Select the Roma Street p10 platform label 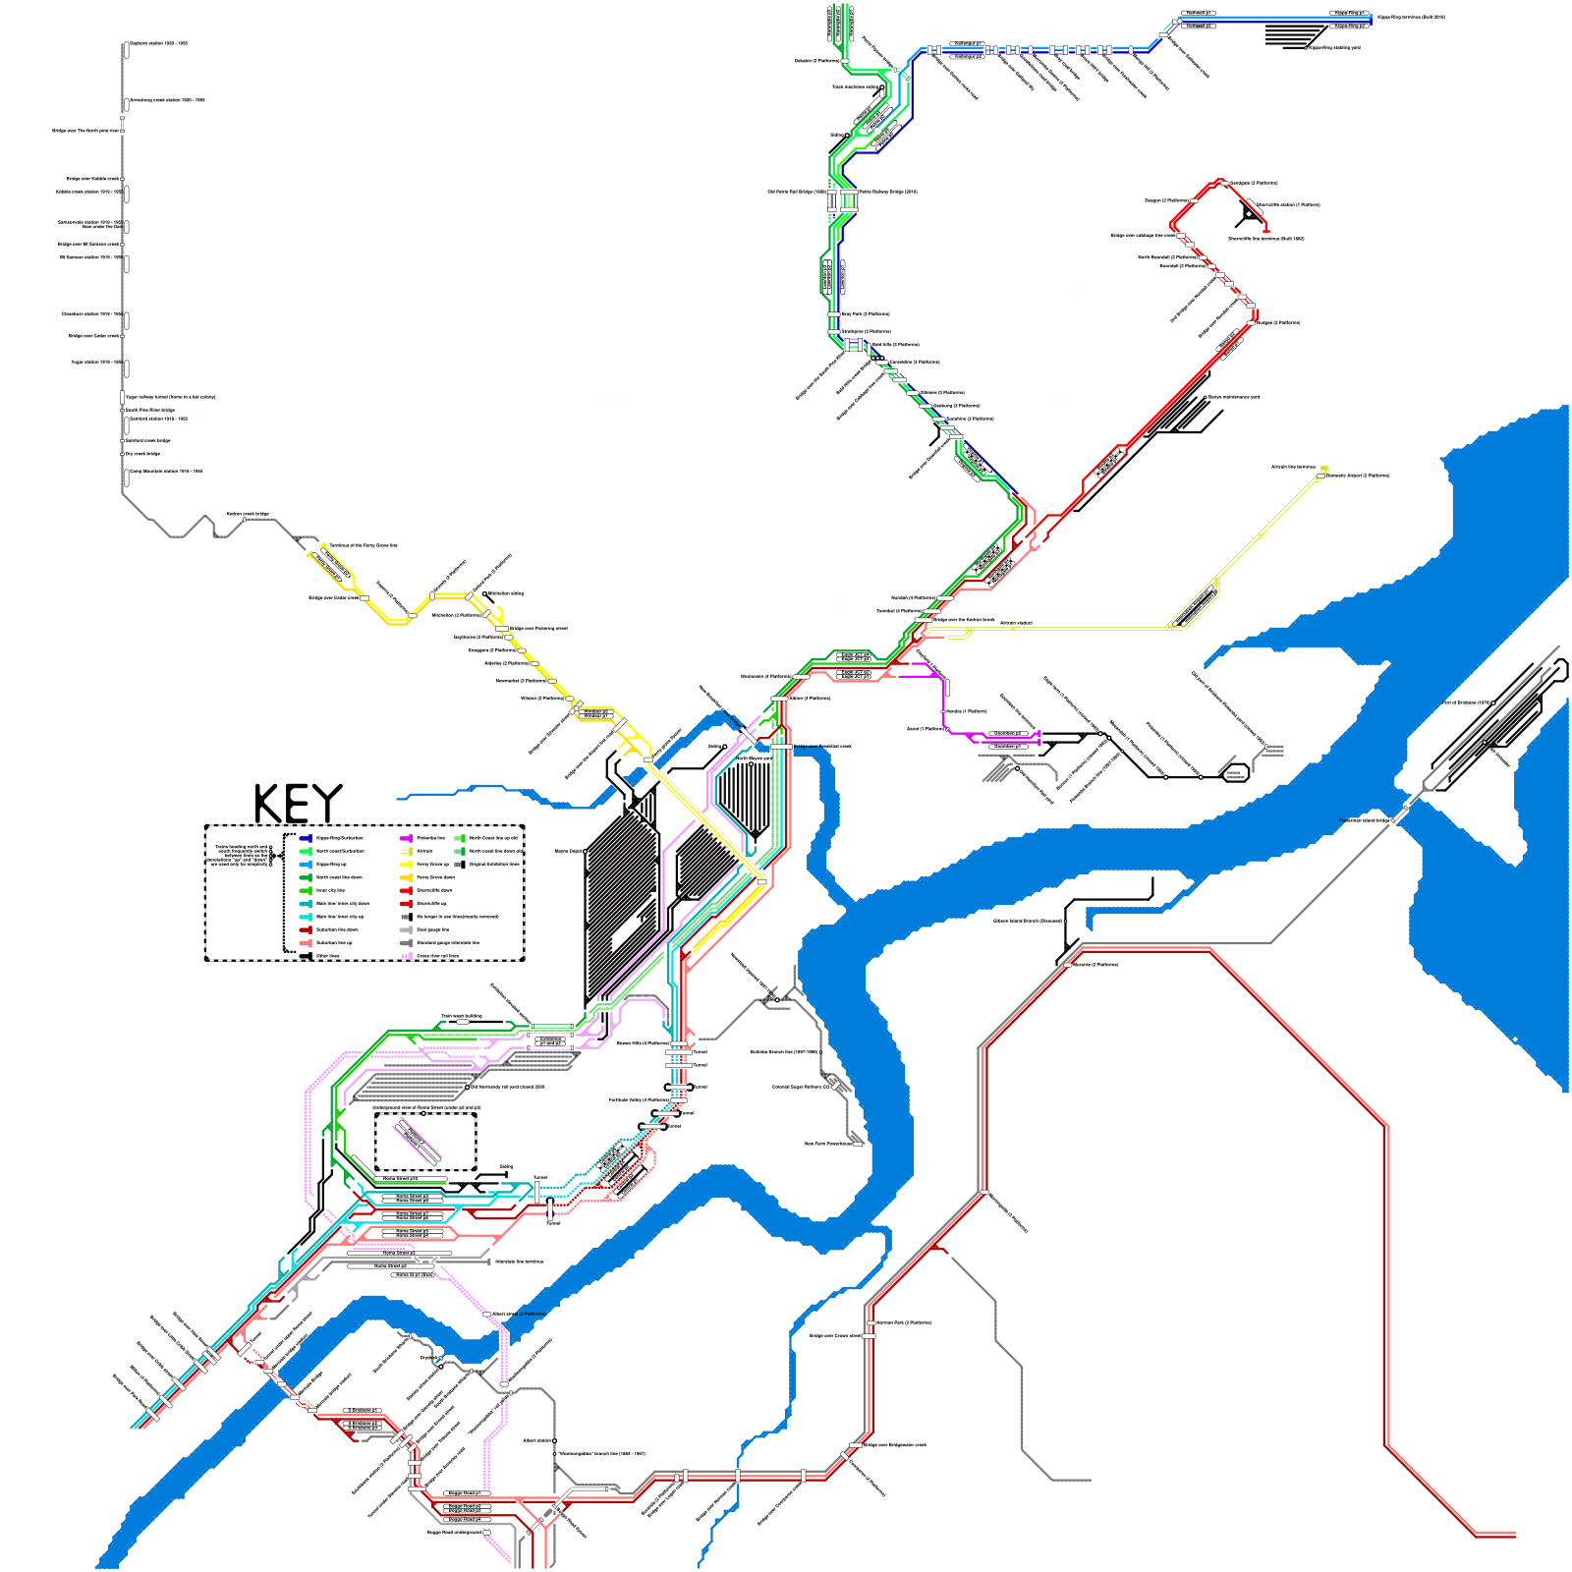(x=400, y=1178)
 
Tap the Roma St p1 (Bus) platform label (x=414, y=1274)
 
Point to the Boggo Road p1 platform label (x=464, y=1493)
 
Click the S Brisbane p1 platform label (x=363, y=1411)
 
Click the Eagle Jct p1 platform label (x=855, y=677)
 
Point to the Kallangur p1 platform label (x=967, y=43)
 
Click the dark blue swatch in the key (x=306, y=838)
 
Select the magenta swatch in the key (x=406, y=838)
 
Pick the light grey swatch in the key (x=406, y=928)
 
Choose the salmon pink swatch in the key (x=306, y=942)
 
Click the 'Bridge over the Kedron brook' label (x=963, y=620)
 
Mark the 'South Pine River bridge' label (x=150, y=410)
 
